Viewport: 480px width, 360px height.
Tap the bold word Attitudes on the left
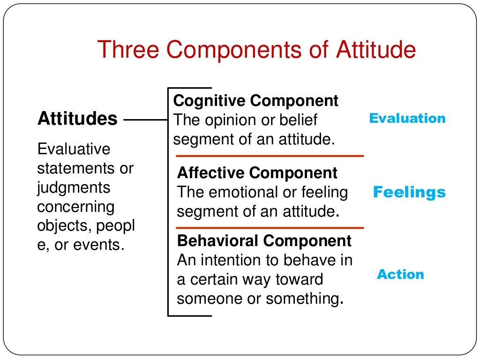[x=77, y=119]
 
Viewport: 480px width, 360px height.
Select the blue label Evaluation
[x=407, y=119]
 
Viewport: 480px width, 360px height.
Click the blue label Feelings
[x=409, y=193]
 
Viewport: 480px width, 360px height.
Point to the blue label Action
[x=400, y=275]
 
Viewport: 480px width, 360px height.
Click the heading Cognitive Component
[x=255, y=101]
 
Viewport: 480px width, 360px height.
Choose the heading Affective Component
[x=257, y=173]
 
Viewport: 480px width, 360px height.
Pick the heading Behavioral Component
[x=264, y=241]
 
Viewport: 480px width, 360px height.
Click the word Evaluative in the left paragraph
[x=74, y=150]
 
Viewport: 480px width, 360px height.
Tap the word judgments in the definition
[x=74, y=188]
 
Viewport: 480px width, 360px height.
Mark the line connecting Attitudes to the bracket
[x=145, y=120]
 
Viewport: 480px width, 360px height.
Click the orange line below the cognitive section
[x=270, y=156]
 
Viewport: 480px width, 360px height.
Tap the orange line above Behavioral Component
[x=270, y=228]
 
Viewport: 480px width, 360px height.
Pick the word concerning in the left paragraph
[x=75, y=207]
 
